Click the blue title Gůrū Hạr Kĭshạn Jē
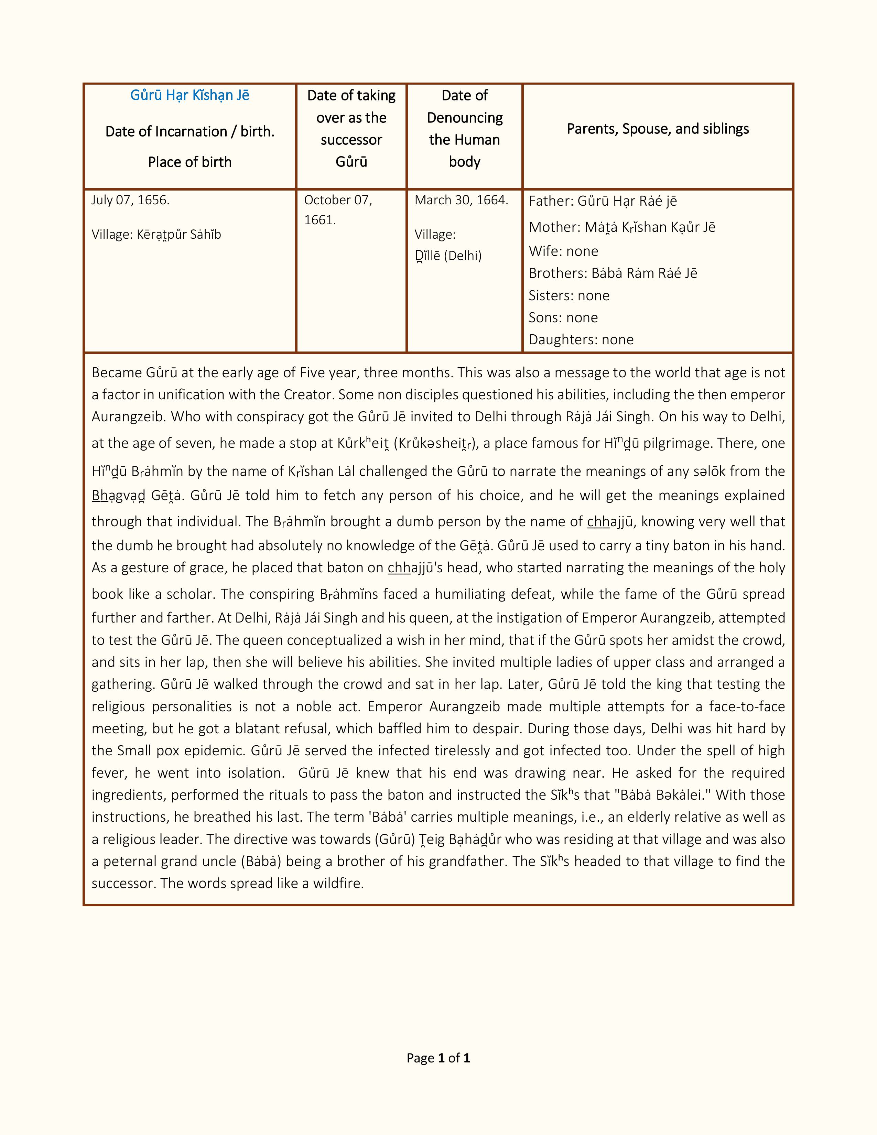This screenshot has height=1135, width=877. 190,96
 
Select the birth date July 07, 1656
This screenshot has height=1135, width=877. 130,200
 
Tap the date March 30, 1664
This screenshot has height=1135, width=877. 461,200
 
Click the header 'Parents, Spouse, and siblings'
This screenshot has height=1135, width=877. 658,129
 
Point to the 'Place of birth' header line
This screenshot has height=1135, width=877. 190,162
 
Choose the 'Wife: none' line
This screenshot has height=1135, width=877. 563,251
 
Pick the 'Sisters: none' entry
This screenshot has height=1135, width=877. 569,296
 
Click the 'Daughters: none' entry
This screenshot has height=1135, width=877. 581,340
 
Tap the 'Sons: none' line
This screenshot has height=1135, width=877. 563,317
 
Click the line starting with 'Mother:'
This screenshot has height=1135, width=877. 622,227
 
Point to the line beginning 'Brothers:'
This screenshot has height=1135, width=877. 613,273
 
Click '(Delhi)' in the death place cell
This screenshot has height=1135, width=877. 463,256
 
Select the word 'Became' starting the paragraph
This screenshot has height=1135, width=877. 117,372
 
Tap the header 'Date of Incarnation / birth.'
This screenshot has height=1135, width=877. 190,131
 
